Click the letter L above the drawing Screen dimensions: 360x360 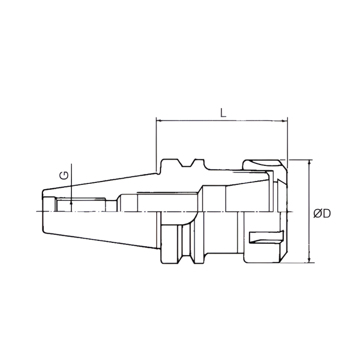point(223,113)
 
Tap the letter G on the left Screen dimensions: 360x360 point(64,175)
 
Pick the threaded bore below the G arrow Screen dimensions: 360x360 point(80,204)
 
